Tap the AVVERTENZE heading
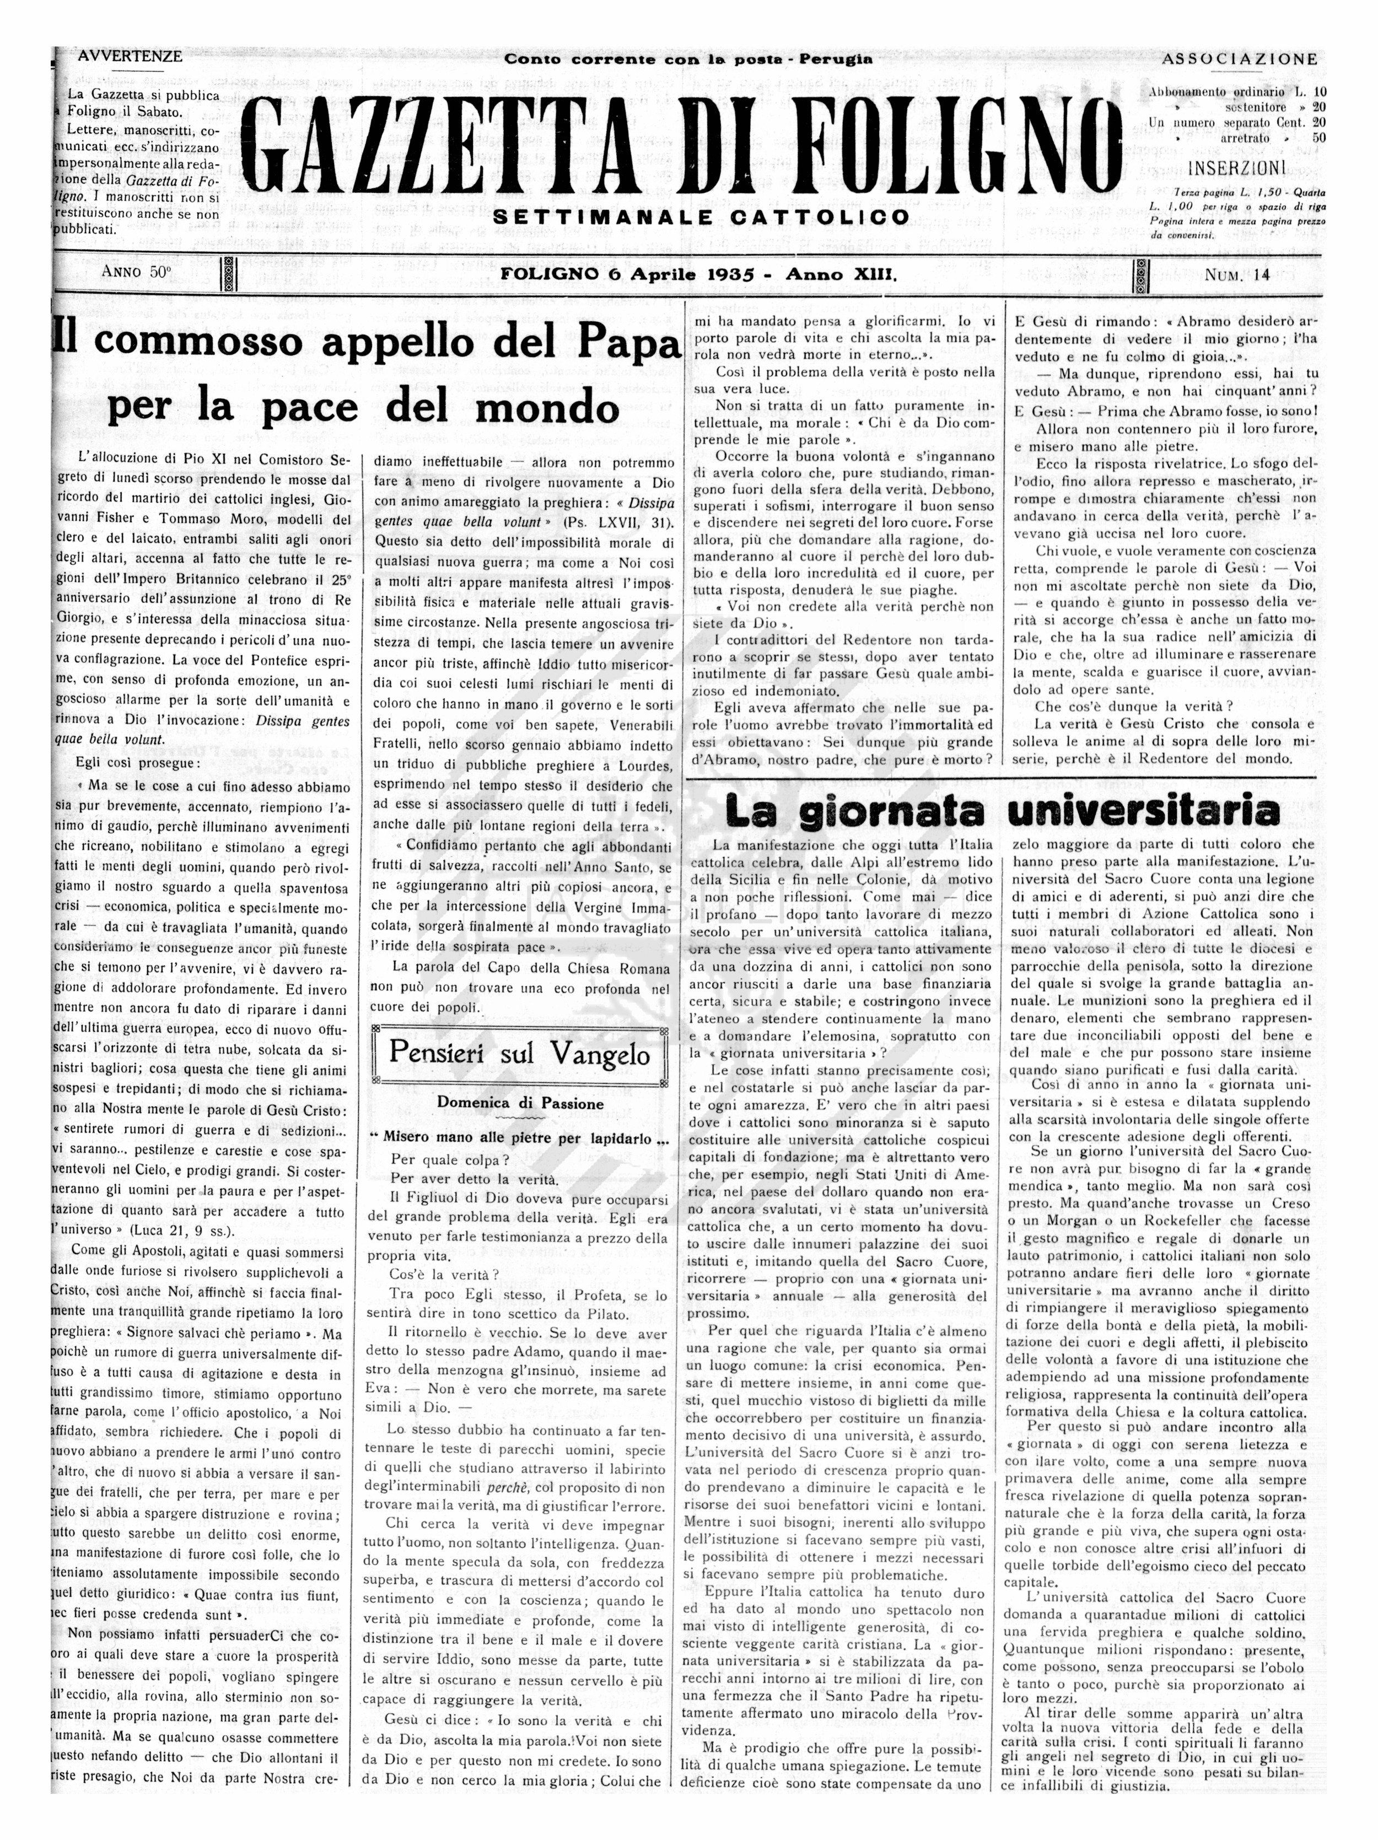[x=129, y=57]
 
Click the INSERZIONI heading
[x=1236, y=169]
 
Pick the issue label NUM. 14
[x=1237, y=276]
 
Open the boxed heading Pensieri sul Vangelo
[x=519, y=1055]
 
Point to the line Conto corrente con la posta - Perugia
[x=688, y=59]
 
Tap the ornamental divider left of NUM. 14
[x=1142, y=276]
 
